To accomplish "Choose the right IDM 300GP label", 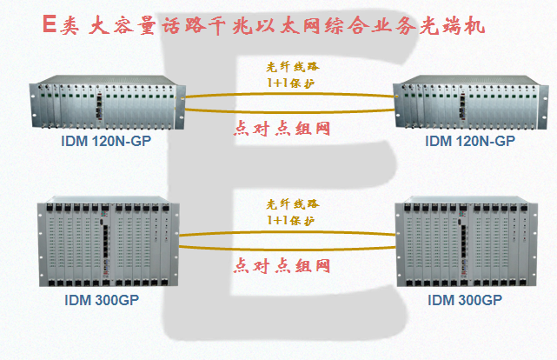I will click(465, 301).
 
